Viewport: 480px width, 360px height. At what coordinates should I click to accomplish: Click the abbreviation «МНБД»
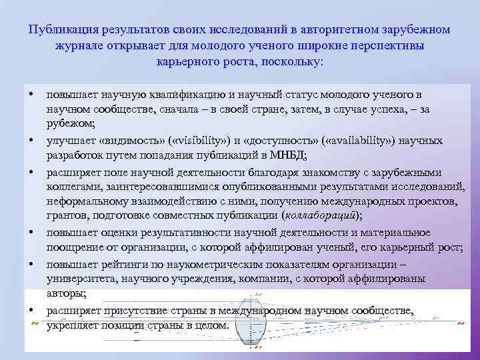coord(287,155)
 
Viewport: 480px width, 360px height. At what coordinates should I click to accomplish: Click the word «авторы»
coord(65,293)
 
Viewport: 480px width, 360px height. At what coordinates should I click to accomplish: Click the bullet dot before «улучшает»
coord(31,141)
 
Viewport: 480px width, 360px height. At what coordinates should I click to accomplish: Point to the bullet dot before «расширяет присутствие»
coord(31,311)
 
